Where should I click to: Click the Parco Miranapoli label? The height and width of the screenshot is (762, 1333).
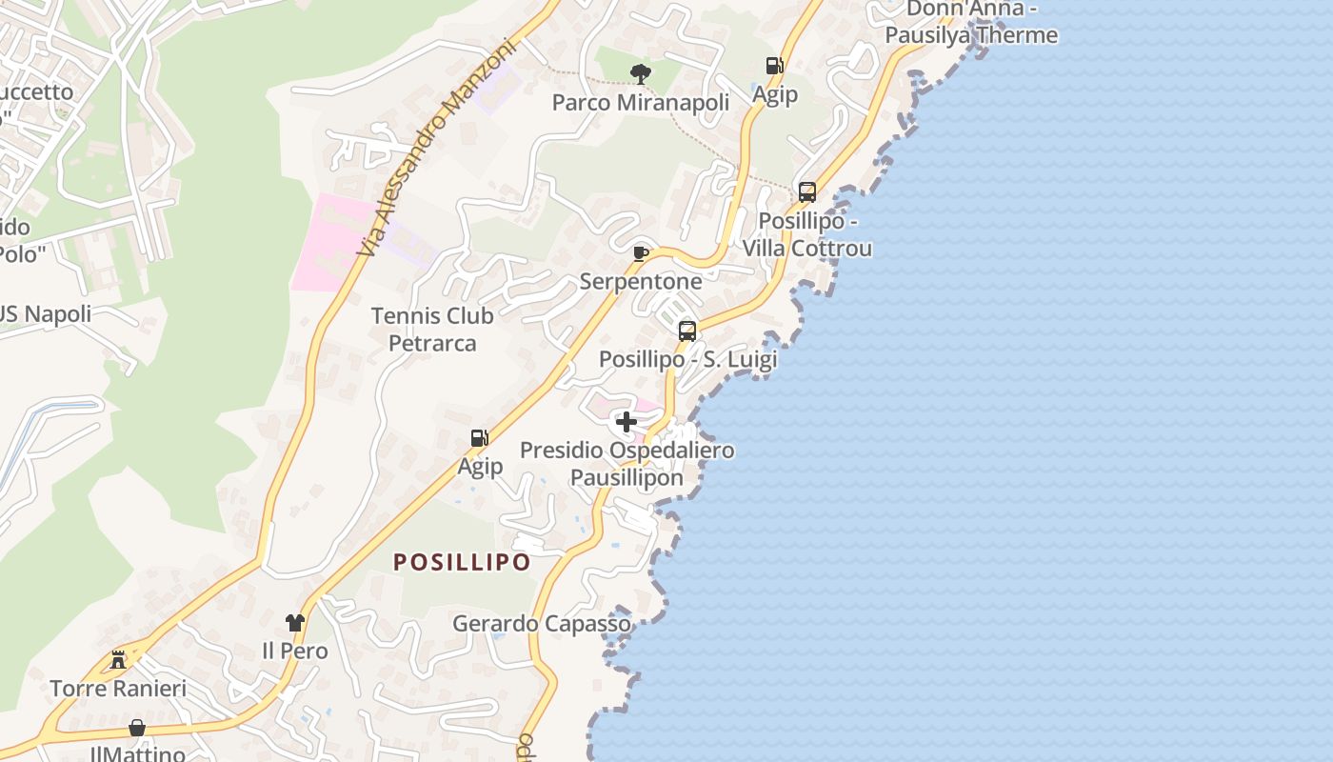(641, 102)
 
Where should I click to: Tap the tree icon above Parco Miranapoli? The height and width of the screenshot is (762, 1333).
(641, 73)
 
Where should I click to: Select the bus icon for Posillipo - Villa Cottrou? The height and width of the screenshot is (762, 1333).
(807, 192)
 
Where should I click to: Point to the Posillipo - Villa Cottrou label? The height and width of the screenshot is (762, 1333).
(807, 235)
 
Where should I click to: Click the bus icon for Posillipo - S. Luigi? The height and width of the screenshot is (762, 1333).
(687, 331)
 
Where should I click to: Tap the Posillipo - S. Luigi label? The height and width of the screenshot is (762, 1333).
(687, 360)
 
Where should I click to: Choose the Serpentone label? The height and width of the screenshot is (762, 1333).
(641, 281)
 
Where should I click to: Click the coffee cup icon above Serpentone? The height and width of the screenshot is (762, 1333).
(641, 253)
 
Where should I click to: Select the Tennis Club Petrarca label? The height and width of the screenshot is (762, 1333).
(432, 329)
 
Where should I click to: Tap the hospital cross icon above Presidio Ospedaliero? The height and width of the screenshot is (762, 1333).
(627, 422)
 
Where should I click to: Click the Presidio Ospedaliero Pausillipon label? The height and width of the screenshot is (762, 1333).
(627, 463)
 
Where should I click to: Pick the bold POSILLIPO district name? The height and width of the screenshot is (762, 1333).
(462, 562)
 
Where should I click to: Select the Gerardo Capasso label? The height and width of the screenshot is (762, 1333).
(541, 624)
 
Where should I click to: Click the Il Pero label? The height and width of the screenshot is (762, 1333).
(295, 652)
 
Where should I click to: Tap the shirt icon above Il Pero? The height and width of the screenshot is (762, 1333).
(295, 623)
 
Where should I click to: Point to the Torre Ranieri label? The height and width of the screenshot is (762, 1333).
(118, 688)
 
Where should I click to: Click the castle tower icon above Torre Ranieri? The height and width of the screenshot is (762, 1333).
(118, 659)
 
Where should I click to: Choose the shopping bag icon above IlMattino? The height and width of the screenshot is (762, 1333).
(137, 729)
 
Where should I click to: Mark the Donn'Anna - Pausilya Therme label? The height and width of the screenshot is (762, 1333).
(970, 22)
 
